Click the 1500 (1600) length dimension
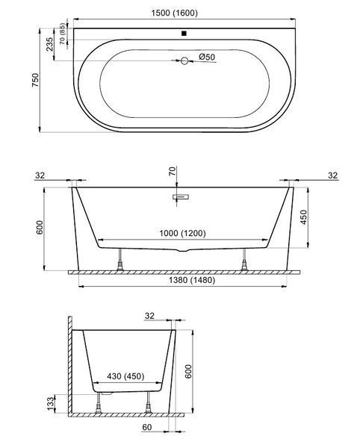pyautogui.click(x=174, y=13)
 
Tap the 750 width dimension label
pyautogui.click(x=35, y=81)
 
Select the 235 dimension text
pyautogui.click(x=50, y=44)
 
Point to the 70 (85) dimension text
pyautogui.click(x=63, y=34)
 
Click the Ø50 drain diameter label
pyautogui.click(x=207, y=57)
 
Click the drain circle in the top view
pyautogui.click(x=184, y=60)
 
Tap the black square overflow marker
pyautogui.click(x=184, y=34)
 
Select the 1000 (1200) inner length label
pyautogui.click(x=182, y=233)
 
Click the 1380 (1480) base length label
pyautogui.click(x=192, y=280)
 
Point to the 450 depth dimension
pyautogui.click(x=304, y=217)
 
